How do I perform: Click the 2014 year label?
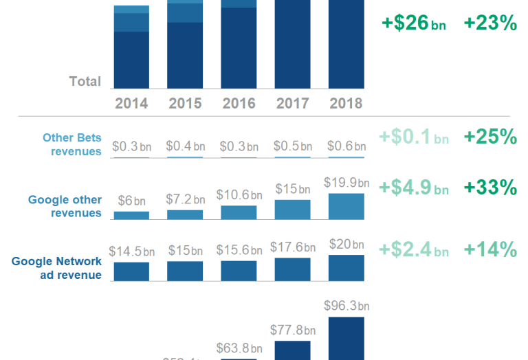pos(131,104)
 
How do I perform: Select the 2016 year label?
pos(239,104)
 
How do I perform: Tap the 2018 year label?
pos(346,104)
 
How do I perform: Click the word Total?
pos(85,81)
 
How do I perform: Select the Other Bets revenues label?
pos(71,144)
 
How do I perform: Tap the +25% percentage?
pos(490,137)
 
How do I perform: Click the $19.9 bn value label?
pos(346,183)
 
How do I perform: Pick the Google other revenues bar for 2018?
pos(346,206)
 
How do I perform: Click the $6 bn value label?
pos(131,201)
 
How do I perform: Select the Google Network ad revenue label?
pos(57,268)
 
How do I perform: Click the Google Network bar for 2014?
pos(131,271)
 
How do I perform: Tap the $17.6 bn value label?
pos(292,245)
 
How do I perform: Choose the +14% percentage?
pos(490,250)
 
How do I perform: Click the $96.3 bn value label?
pos(346,306)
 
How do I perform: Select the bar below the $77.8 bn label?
pos(292,350)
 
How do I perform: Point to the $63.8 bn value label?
pos(239,348)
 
